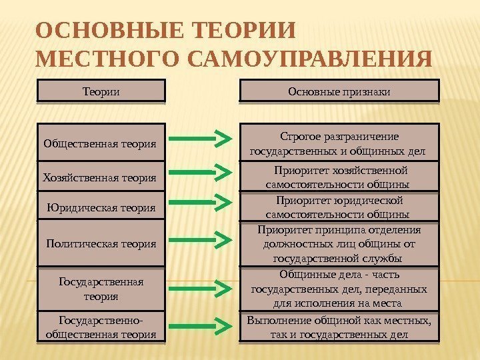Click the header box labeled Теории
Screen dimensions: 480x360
(100, 91)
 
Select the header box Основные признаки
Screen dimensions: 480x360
(339, 91)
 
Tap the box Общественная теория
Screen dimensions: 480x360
(100, 142)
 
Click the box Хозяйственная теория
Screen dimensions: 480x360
(100, 178)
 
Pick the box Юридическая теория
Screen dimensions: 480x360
(100, 208)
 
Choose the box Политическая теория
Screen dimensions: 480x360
(100, 243)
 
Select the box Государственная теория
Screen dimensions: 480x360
(100, 289)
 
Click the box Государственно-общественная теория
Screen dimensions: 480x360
(100, 328)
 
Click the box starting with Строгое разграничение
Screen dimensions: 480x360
(339, 143)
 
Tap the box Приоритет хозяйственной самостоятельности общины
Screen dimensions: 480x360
(339, 178)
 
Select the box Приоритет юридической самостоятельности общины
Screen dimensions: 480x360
(339, 207)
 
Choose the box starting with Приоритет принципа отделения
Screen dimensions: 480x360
(339, 244)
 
